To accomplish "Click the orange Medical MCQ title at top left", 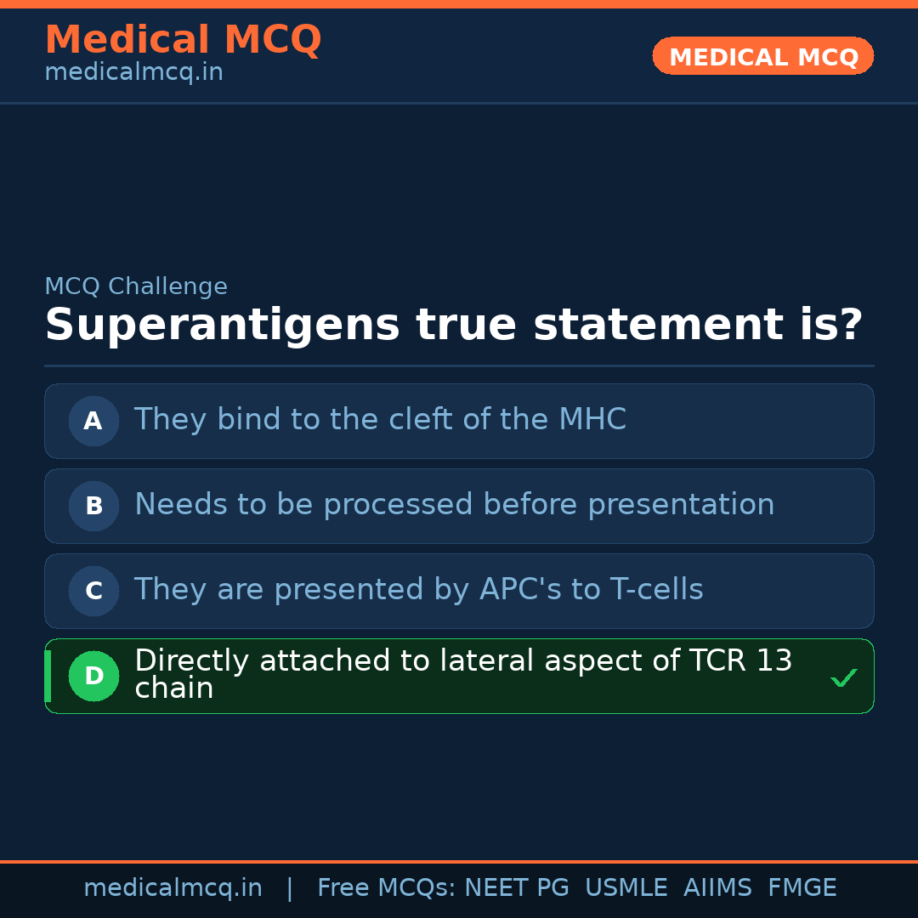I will coord(183,40).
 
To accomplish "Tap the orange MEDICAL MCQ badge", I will coord(763,57).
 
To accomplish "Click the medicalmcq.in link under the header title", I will coord(133,73).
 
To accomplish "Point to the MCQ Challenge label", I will coord(136,287).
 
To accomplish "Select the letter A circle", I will coord(93,421).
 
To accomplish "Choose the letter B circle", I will coord(93,506).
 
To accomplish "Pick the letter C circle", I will coord(93,591).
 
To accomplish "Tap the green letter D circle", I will coord(93,676).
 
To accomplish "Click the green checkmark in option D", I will coord(843,677).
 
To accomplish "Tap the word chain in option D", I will coord(173,689).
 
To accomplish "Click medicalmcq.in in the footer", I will coord(173,888).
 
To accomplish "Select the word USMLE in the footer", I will coord(626,888).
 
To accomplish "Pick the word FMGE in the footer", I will coord(802,888).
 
